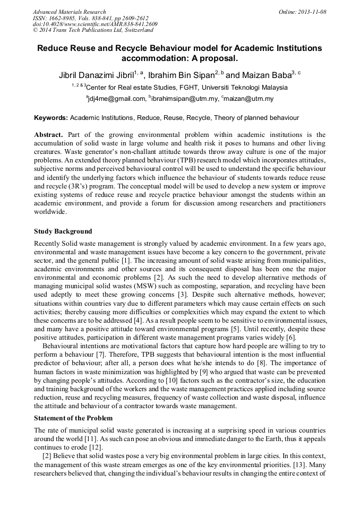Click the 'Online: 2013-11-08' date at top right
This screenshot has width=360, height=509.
click(x=302, y=12)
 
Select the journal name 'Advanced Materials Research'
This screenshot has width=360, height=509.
click(x=69, y=12)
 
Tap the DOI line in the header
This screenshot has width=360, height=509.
click(x=95, y=24)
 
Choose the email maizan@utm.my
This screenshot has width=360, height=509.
click(x=249, y=99)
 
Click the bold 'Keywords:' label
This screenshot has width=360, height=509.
click(x=51, y=118)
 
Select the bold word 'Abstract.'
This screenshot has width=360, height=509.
click(x=49, y=135)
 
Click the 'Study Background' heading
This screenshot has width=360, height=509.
click(x=63, y=231)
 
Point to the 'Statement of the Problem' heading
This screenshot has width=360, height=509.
click(x=74, y=418)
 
